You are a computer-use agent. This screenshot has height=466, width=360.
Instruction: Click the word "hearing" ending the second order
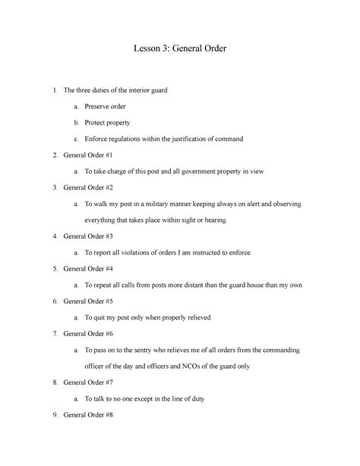click(x=214, y=220)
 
